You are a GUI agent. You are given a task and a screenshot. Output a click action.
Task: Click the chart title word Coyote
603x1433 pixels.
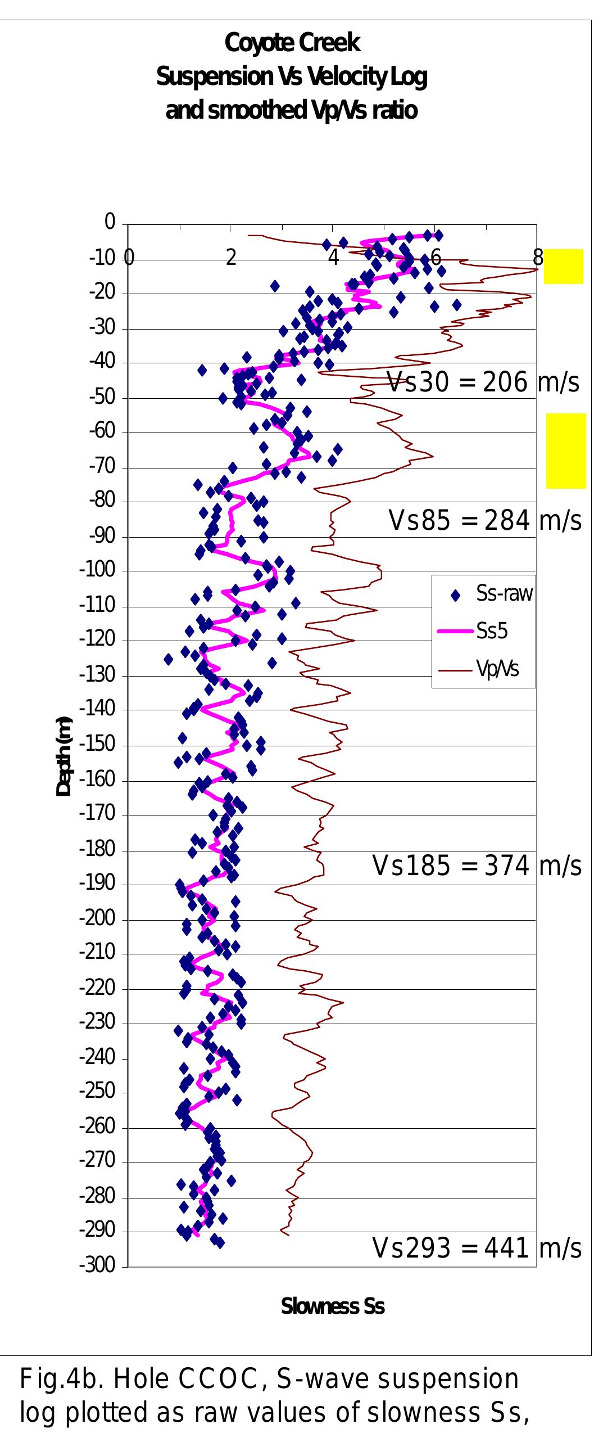tap(256, 43)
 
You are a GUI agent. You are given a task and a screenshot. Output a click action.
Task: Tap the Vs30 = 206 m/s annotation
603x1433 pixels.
tap(483, 384)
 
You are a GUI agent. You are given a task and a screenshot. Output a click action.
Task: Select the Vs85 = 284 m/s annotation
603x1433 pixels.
tap(484, 521)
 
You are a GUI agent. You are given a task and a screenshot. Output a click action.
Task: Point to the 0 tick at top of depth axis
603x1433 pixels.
tap(110, 223)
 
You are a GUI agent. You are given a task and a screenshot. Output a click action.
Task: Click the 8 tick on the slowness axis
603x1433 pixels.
tap(538, 259)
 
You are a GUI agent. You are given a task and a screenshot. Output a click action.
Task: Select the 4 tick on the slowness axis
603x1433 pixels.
tap(333, 259)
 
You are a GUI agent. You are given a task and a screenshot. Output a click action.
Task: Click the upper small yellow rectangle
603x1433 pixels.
tap(563, 267)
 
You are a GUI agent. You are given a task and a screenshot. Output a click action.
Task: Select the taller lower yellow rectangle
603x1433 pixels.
tap(566, 450)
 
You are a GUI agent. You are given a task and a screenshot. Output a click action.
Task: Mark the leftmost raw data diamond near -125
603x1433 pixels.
tap(168, 659)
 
